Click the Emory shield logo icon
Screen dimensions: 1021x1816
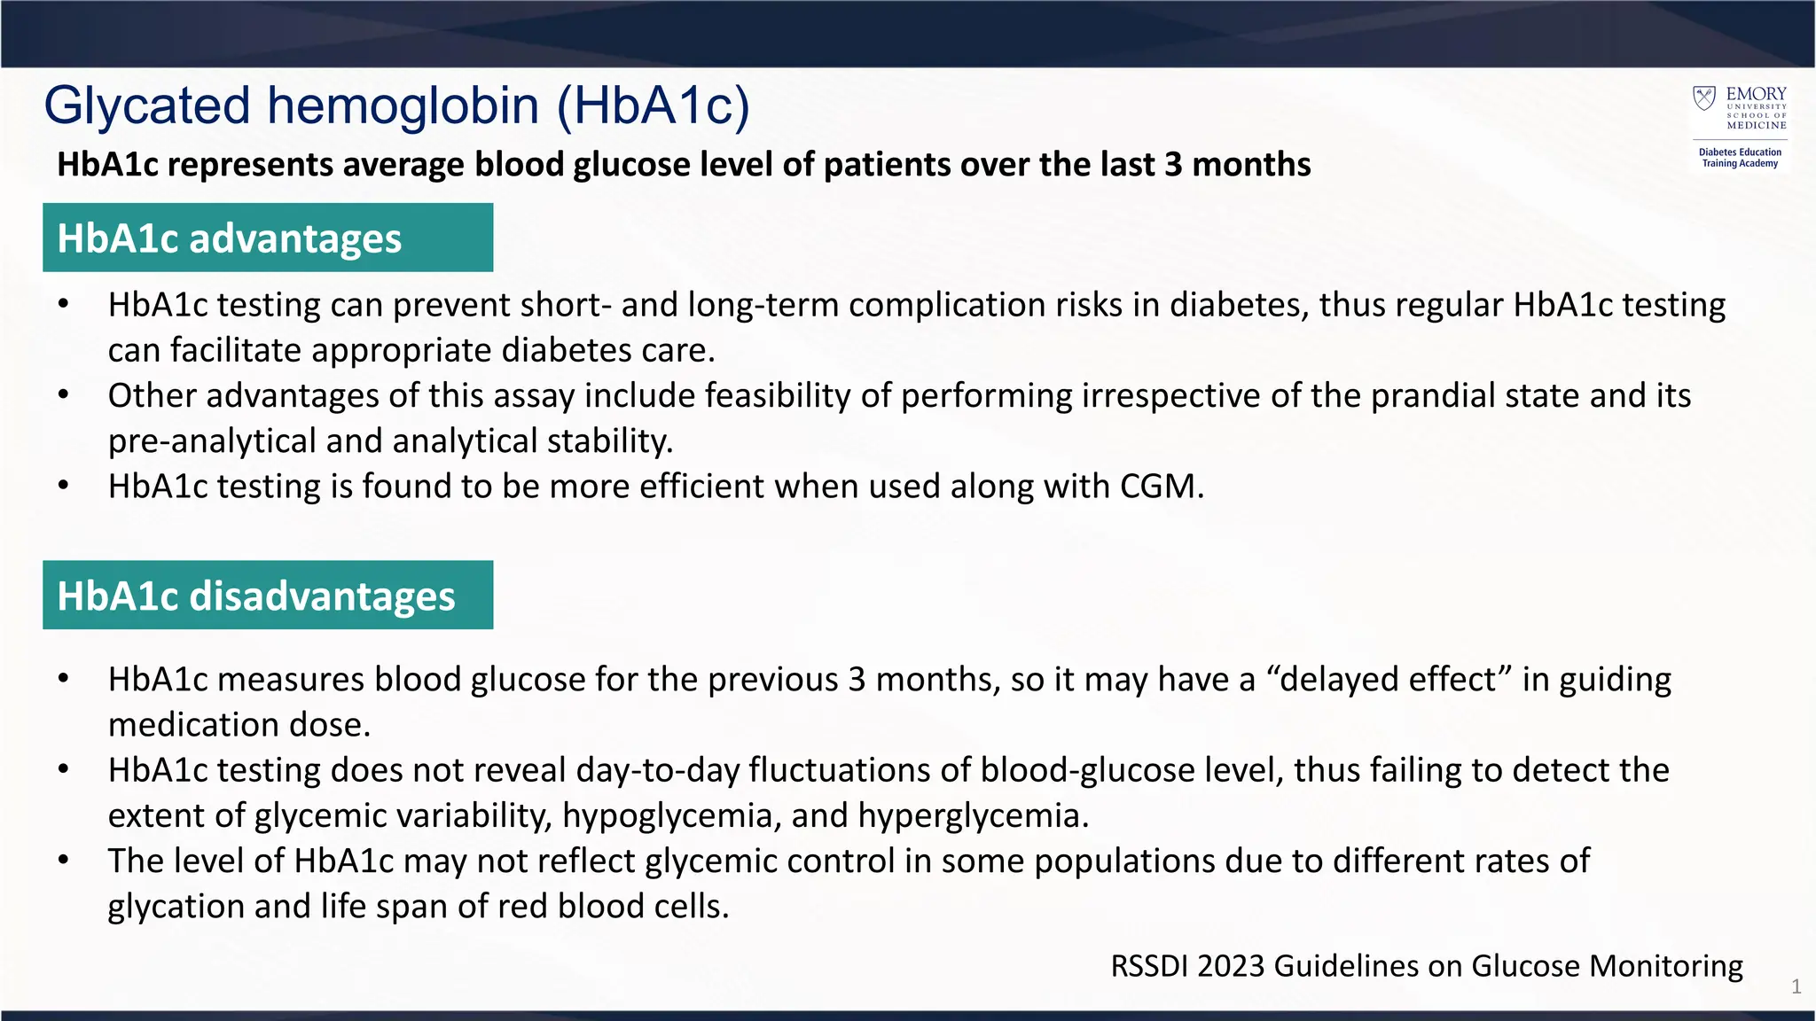pos(1703,97)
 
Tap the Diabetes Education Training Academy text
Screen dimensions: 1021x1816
pos(1740,158)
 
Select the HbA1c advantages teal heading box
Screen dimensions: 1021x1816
pos(267,238)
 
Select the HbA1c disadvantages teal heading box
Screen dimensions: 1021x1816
pos(267,595)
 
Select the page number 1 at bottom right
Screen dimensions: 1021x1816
pos(1796,986)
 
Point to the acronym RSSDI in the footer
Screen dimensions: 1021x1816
pos(1149,965)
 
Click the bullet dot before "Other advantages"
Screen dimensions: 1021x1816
pos(63,395)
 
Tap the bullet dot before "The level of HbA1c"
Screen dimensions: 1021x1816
pos(63,861)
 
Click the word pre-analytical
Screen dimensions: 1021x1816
pos(212,441)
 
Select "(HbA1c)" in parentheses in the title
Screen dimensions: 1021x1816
pos(654,107)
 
